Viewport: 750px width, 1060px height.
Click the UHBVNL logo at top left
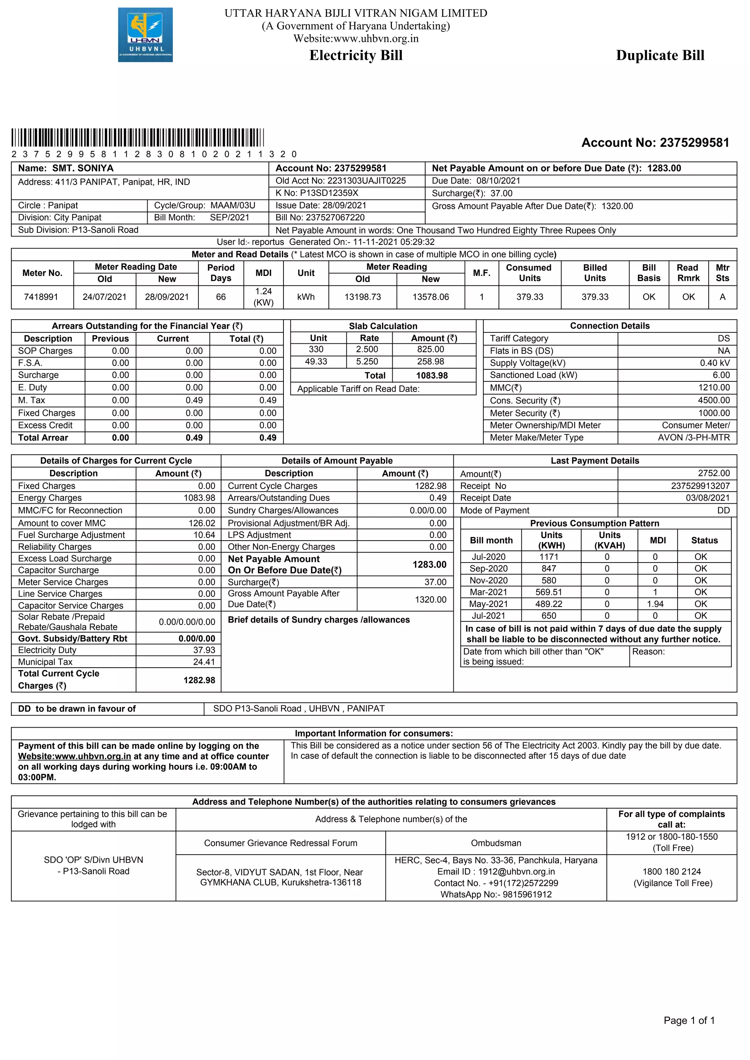(145, 35)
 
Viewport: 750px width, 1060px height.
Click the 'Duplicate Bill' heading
(660, 55)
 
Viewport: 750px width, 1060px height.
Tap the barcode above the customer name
(138, 138)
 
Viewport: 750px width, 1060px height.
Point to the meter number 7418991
(41, 297)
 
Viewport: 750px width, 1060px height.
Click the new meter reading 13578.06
(430, 297)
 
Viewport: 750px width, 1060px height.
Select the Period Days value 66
(221, 297)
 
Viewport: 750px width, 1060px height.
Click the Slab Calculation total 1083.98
(432, 375)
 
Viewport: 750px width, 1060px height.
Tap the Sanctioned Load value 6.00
(721, 375)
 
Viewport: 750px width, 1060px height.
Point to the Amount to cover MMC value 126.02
(202, 523)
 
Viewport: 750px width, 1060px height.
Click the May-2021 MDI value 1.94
(655, 604)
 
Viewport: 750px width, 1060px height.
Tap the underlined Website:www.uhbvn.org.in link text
(74, 756)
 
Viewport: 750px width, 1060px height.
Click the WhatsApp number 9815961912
(527, 894)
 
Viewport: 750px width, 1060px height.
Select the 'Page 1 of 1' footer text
(688, 1020)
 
